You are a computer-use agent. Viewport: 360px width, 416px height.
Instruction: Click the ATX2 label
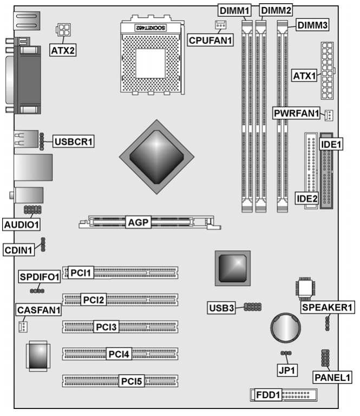click(x=63, y=50)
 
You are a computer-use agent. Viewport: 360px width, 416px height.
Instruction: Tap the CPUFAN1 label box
click(x=210, y=40)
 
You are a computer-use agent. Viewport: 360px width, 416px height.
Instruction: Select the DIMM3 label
click(x=312, y=25)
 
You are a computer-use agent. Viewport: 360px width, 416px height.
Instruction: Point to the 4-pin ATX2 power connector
click(x=63, y=29)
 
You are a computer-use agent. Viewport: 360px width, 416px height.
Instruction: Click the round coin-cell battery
click(x=285, y=327)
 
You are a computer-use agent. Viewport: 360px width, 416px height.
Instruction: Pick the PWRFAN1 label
click(x=296, y=113)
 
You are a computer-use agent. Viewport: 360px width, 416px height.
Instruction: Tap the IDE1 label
click(x=331, y=144)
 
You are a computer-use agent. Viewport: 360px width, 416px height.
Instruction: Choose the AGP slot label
click(x=138, y=222)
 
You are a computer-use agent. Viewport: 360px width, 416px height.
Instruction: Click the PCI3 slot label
click(x=106, y=327)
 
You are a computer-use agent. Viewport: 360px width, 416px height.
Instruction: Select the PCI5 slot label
click(x=132, y=381)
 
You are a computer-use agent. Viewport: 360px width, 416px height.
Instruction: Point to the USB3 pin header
click(x=253, y=307)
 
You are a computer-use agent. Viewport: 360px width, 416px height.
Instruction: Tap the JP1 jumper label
click(x=286, y=370)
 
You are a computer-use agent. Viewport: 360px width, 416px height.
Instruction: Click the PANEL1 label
click(x=332, y=377)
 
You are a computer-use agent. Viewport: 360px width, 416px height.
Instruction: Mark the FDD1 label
click(x=268, y=395)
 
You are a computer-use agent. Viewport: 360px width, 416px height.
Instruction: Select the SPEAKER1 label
click(x=328, y=307)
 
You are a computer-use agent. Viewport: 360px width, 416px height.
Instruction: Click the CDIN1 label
click(x=18, y=250)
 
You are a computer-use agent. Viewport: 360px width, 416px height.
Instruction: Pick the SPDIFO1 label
click(x=39, y=277)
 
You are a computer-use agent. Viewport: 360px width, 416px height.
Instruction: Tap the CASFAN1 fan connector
click(x=23, y=327)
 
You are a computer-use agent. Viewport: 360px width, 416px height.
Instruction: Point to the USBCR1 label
click(x=74, y=141)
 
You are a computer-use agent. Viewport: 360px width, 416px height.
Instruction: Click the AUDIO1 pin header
click(x=32, y=210)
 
